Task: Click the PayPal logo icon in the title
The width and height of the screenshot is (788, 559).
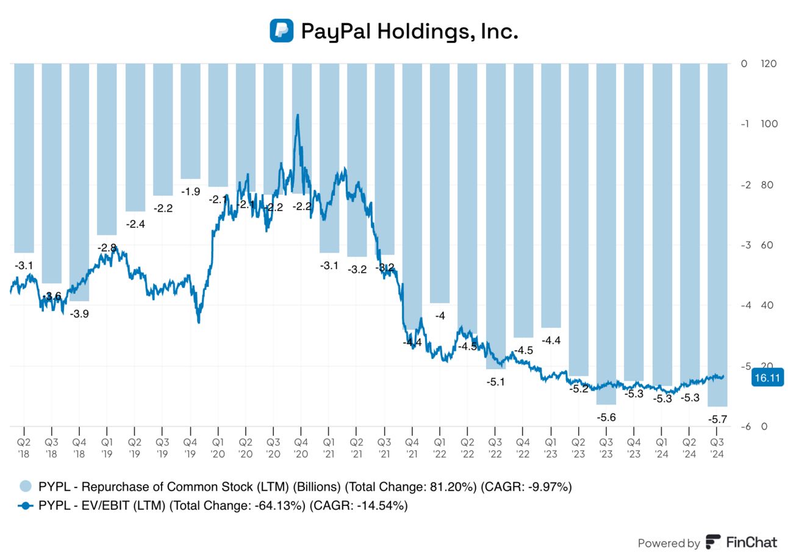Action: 282,31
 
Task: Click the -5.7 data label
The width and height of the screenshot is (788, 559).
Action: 717,419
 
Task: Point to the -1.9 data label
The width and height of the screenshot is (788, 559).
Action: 190,192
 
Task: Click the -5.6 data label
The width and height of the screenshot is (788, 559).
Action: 606,417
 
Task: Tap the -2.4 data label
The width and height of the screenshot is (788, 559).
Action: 135,224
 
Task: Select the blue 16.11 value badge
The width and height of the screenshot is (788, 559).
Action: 767,378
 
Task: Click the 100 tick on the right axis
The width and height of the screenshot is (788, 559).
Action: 770,124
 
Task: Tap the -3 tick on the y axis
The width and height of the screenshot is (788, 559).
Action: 745,245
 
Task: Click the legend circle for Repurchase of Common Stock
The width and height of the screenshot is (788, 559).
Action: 25,486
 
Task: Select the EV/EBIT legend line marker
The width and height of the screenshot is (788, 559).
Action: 25,505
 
